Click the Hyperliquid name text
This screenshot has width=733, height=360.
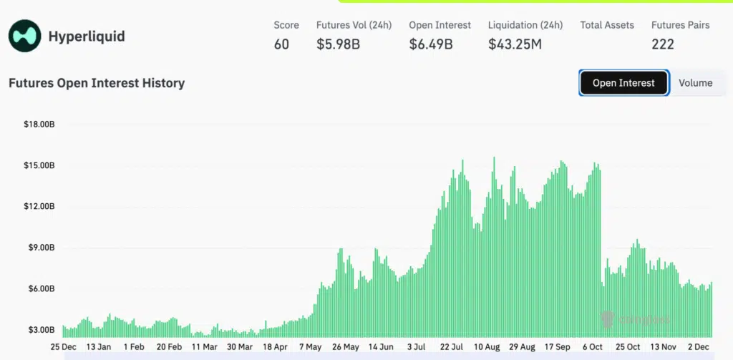pos(86,36)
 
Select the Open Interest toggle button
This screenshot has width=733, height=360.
pos(623,83)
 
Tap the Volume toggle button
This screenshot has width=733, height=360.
pos(695,83)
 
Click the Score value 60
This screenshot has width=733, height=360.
pos(281,44)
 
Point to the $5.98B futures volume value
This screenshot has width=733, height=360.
pos(339,44)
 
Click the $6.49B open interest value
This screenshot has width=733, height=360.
pos(431,44)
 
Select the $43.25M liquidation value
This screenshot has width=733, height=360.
pos(515,44)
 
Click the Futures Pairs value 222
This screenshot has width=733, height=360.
pos(663,44)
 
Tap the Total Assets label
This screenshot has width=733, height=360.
pos(607,25)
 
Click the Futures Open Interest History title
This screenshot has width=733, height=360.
pos(97,83)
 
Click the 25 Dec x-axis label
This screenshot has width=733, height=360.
pos(64,347)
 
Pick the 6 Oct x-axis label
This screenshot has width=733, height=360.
pos(593,347)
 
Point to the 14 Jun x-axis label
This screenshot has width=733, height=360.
pos(381,347)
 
